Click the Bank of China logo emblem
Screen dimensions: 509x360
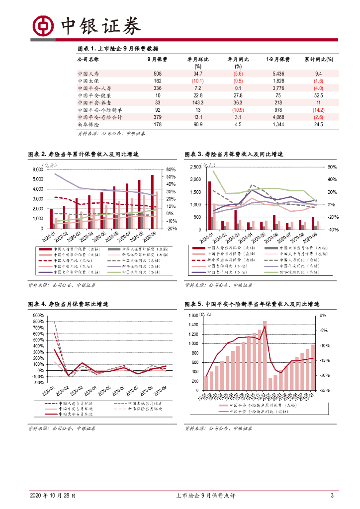[x=43, y=25]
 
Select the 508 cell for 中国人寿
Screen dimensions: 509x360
[x=158, y=74]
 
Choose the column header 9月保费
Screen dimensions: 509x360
[x=158, y=59]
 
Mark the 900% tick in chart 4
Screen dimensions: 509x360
[x=38, y=315]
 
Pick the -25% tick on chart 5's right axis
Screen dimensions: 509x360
[x=323, y=391]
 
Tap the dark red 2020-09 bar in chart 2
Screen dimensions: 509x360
[x=152, y=202]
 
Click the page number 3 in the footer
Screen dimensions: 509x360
[x=332, y=496]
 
